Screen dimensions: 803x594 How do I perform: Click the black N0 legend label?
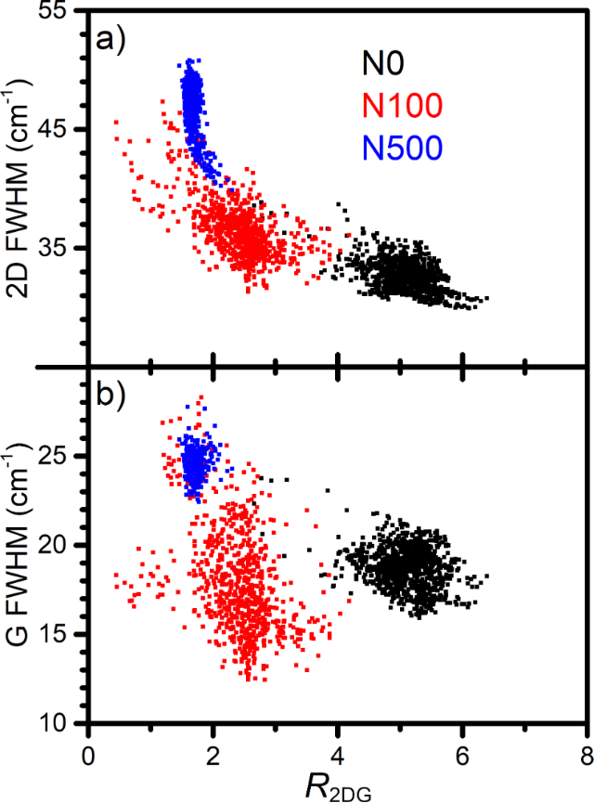[381, 65]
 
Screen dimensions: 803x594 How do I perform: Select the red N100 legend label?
[403, 106]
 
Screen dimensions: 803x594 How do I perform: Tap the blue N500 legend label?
[403, 146]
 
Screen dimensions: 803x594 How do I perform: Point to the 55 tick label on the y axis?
[60, 12]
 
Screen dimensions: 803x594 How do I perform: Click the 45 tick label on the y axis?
[60, 129]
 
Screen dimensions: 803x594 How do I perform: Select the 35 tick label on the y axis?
[60, 248]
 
